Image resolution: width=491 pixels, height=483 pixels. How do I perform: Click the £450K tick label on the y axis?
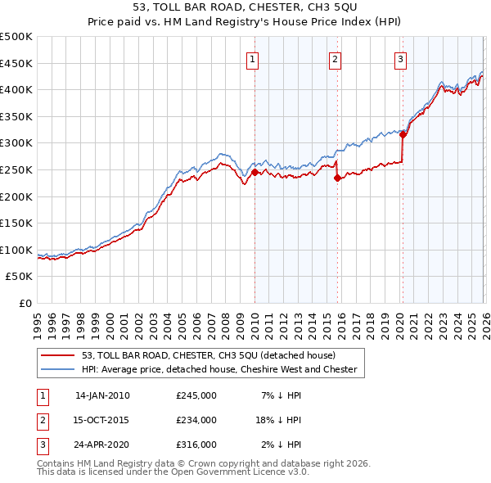16,63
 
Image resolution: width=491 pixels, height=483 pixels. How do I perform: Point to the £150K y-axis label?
16,223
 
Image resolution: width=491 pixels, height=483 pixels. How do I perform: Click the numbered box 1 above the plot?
253,58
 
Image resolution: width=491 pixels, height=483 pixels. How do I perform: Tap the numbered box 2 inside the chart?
336,58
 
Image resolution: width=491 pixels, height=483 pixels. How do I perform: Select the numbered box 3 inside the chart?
401,58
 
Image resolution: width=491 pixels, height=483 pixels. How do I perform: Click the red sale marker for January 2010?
255,172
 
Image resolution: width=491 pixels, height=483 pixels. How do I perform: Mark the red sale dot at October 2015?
337,178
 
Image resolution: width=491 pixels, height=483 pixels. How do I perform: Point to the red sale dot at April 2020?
403,135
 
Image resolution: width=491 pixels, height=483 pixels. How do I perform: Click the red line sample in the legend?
57,355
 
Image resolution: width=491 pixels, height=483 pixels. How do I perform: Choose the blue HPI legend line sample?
57,369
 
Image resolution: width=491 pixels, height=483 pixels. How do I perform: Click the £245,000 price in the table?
196,395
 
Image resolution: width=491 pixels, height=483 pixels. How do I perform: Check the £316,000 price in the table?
196,445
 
